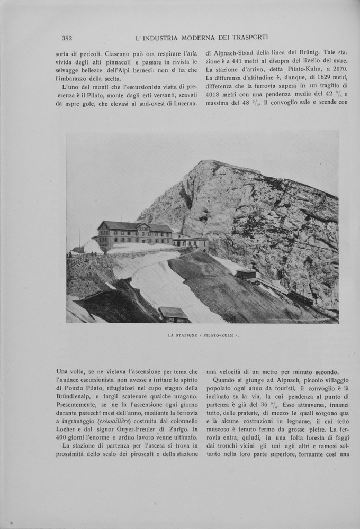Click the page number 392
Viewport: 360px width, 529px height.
67,38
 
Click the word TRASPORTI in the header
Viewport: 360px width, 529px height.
250,38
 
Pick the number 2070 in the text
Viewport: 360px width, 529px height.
338,69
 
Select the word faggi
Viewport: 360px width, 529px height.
338,430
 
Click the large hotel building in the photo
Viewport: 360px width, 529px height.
135,234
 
